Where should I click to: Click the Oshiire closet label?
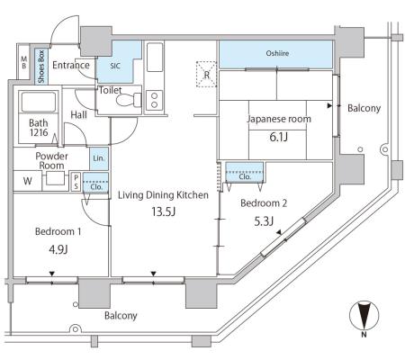(x=277, y=53)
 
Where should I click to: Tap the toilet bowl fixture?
(x=129, y=100)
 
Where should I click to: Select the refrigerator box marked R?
(x=206, y=74)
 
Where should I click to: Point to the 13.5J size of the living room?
(x=163, y=211)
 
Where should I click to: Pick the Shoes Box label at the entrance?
(x=41, y=67)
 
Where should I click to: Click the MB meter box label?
(x=23, y=62)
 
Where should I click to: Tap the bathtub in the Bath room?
(x=39, y=102)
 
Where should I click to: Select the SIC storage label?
(x=115, y=66)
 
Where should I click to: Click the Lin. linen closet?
(x=99, y=158)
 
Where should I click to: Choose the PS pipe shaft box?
(x=76, y=182)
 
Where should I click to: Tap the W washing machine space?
(x=28, y=181)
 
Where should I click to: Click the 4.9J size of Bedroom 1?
(x=58, y=249)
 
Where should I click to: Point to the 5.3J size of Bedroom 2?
(x=264, y=221)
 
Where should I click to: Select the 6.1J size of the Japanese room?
(x=279, y=137)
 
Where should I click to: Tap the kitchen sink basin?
(x=155, y=58)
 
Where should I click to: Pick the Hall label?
(x=78, y=115)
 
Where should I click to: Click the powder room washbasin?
(x=55, y=178)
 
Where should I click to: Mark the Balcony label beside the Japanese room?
(x=364, y=108)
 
